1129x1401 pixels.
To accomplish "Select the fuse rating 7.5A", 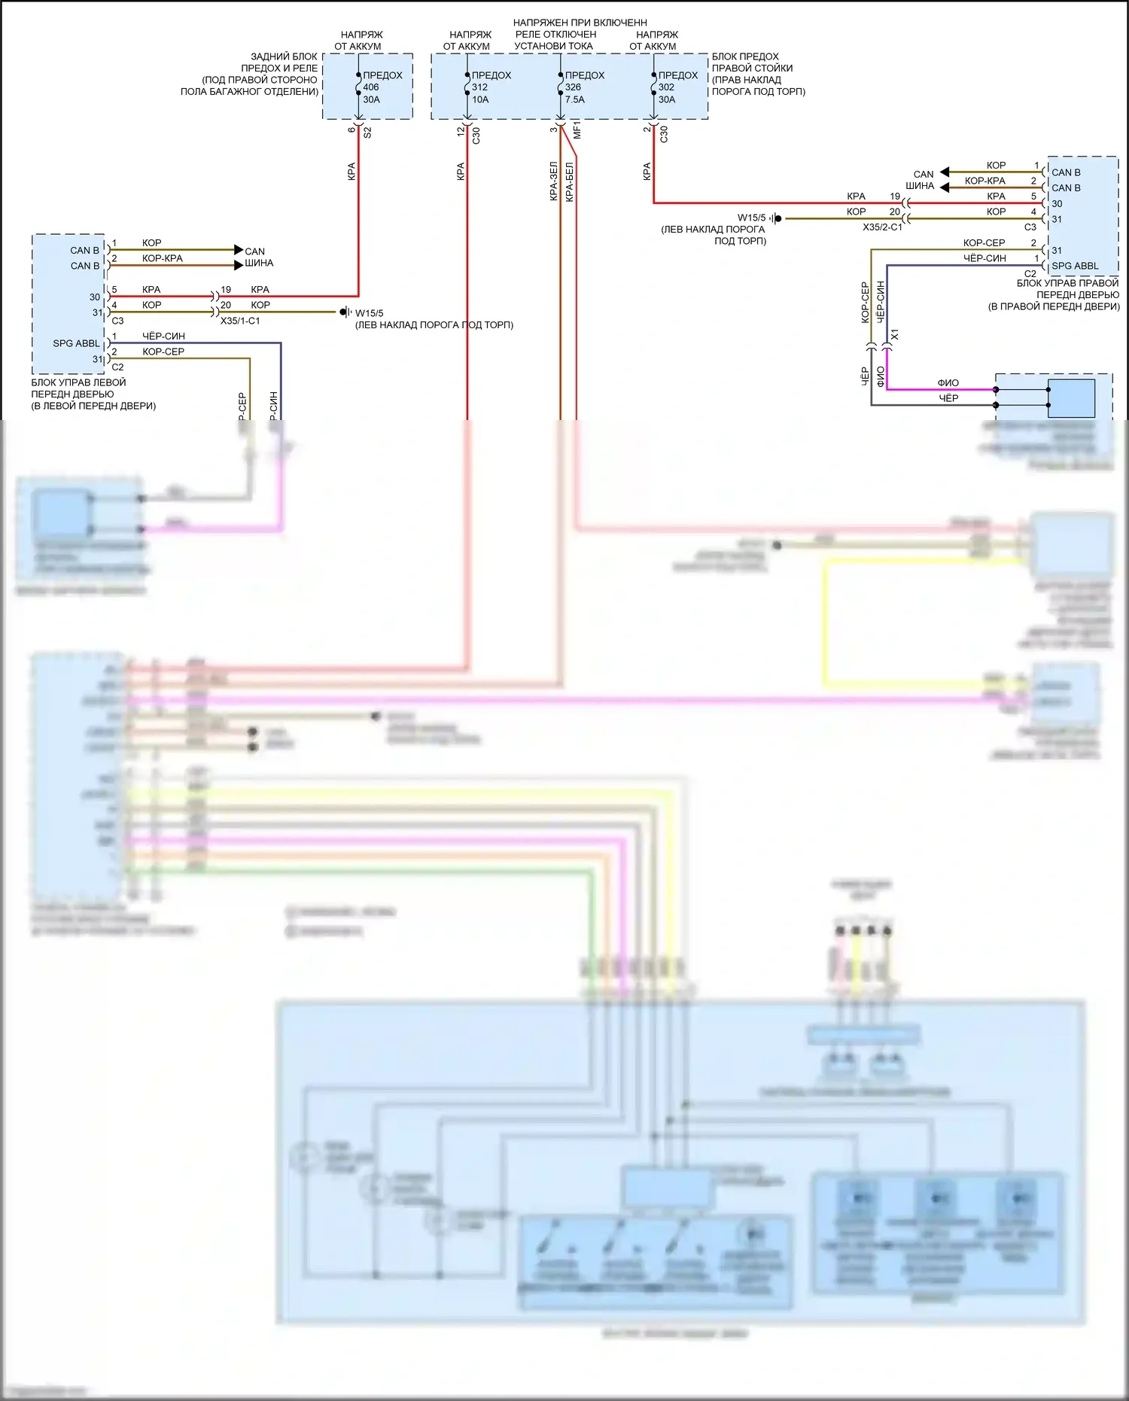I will [x=575, y=99].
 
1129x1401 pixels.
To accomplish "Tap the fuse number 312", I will [x=480, y=87].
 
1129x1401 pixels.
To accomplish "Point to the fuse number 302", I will [x=667, y=87].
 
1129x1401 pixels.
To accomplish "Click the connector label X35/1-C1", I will [x=240, y=321].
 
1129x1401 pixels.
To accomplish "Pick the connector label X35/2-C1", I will [x=882, y=227].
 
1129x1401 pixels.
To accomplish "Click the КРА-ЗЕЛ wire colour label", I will [x=554, y=181].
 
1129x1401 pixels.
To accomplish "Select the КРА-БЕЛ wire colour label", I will [x=570, y=181].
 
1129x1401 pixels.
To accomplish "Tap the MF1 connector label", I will [x=577, y=129].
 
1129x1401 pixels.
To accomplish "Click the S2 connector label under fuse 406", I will [x=367, y=132].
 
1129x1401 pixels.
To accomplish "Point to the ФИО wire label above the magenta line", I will [x=948, y=383].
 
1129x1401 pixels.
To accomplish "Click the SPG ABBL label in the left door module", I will [x=76, y=343].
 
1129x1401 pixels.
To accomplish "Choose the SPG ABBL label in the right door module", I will [x=1075, y=266].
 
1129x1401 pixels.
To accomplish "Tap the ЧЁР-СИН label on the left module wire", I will [x=163, y=337].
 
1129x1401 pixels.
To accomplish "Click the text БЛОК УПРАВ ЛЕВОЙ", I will [x=78, y=382].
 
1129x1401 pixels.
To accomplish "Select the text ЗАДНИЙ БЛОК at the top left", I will [x=284, y=56].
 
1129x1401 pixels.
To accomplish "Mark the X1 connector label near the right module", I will [x=895, y=334].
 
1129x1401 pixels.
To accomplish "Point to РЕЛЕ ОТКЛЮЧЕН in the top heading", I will [x=555, y=35].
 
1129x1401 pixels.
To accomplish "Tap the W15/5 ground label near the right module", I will [x=751, y=218].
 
